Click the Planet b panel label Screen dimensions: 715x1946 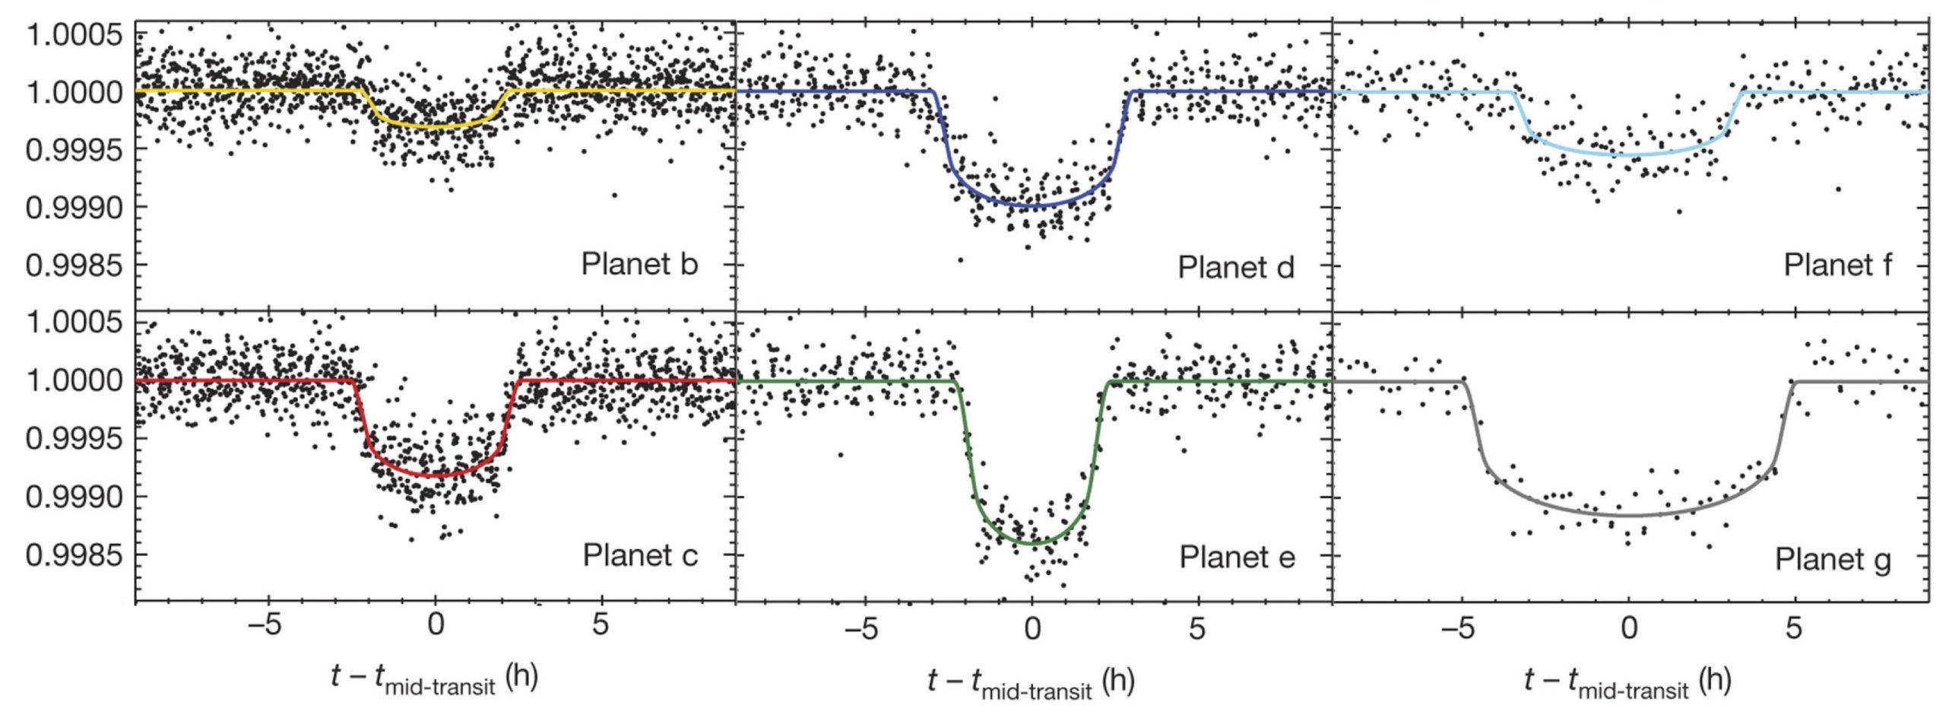pyautogui.click(x=639, y=265)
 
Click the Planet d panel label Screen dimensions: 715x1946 pyautogui.click(x=1236, y=268)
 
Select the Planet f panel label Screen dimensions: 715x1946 pyautogui.click(x=1837, y=265)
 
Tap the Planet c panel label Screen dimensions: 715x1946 pyautogui.click(x=639, y=555)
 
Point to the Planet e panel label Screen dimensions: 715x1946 pyautogui.click(x=1237, y=558)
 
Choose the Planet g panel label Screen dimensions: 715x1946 pyautogui.click(x=1833, y=560)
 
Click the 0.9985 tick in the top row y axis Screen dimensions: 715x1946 pyautogui.click(x=73, y=266)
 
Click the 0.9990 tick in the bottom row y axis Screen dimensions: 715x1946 pyautogui.click(x=73, y=497)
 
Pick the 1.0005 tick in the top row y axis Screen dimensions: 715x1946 pyautogui.click(x=73, y=34)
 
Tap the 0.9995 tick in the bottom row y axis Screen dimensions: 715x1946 pyautogui.click(x=73, y=439)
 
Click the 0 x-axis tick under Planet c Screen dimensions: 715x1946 pyautogui.click(x=435, y=626)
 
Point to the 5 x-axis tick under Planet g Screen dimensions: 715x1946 pyautogui.click(x=1794, y=628)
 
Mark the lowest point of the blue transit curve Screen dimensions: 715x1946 pyautogui.click(x=1032, y=206)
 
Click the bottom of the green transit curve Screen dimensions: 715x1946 pyautogui.click(x=1032, y=543)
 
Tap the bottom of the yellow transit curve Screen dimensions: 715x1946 pyautogui.click(x=435, y=127)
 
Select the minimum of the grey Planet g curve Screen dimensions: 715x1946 pyautogui.click(x=1629, y=515)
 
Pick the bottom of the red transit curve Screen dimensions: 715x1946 pyautogui.click(x=435, y=476)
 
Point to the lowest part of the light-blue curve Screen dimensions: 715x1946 pyautogui.click(x=1629, y=155)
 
